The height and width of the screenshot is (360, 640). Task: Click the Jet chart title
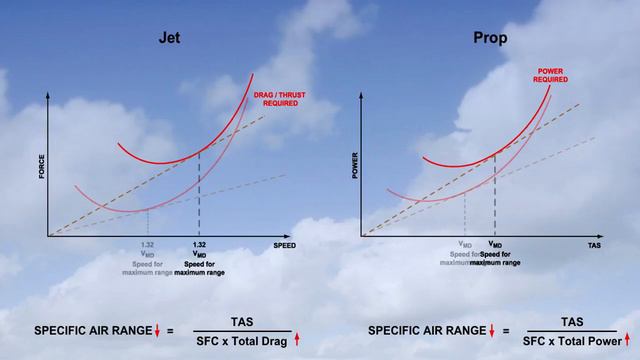click(x=168, y=41)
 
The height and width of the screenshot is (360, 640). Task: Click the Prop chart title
click(x=489, y=41)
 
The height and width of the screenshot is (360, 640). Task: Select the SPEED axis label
click(x=284, y=243)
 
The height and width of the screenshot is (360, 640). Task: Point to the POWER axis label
click(x=355, y=166)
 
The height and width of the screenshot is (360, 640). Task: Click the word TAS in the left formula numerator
click(x=242, y=322)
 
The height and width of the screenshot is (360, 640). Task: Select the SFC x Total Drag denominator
click(x=242, y=341)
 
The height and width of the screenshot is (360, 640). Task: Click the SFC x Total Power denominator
click(x=571, y=341)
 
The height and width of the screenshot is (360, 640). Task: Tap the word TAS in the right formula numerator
click(x=571, y=322)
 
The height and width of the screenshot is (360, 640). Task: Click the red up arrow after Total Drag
click(x=296, y=341)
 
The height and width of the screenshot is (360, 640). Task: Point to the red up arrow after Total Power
click(x=628, y=341)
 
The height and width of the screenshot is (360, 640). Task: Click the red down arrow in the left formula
click(x=155, y=331)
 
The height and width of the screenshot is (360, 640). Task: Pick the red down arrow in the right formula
click(x=491, y=331)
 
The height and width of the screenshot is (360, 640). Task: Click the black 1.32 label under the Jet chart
click(x=199, y=244)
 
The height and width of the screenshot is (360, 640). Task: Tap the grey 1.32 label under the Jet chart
click(x=146, y=244)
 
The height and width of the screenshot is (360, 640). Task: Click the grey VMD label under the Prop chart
click(x=465, y=244)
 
